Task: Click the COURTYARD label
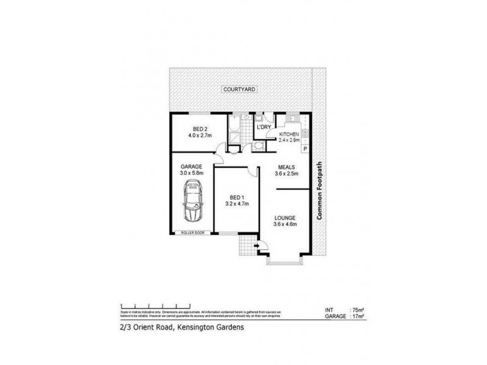(x=239, y=89)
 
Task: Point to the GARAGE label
(x=191, y=166)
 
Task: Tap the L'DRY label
(x=264, y=127)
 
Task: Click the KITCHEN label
(x=289, y=134)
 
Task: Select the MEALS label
(x=287, y=167)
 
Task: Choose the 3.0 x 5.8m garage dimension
(x=191, y=173)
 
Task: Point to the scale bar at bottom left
(x=149, y=305)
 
